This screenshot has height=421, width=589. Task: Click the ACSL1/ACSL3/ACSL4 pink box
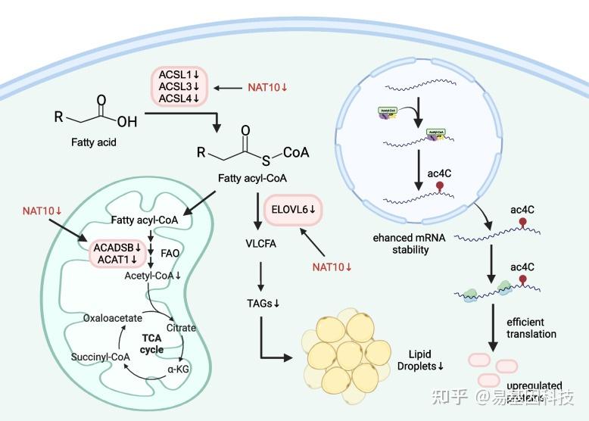pos(179,88)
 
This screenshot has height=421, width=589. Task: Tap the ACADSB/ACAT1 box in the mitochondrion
pos(117,253)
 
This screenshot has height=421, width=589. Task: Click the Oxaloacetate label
pos(112,318)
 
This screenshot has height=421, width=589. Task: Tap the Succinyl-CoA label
pos(101,357)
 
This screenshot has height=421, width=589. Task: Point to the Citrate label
pos(182,328)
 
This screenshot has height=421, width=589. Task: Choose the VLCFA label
pos(260,244)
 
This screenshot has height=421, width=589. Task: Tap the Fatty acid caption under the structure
pos(94,141)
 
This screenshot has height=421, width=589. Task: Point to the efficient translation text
pos(531,328)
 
